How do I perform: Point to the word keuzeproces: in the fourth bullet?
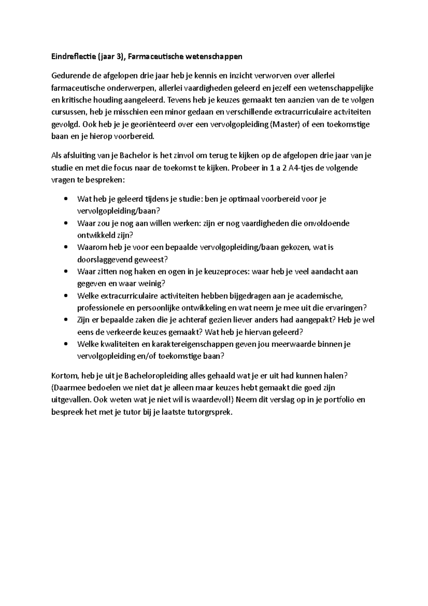229,272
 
